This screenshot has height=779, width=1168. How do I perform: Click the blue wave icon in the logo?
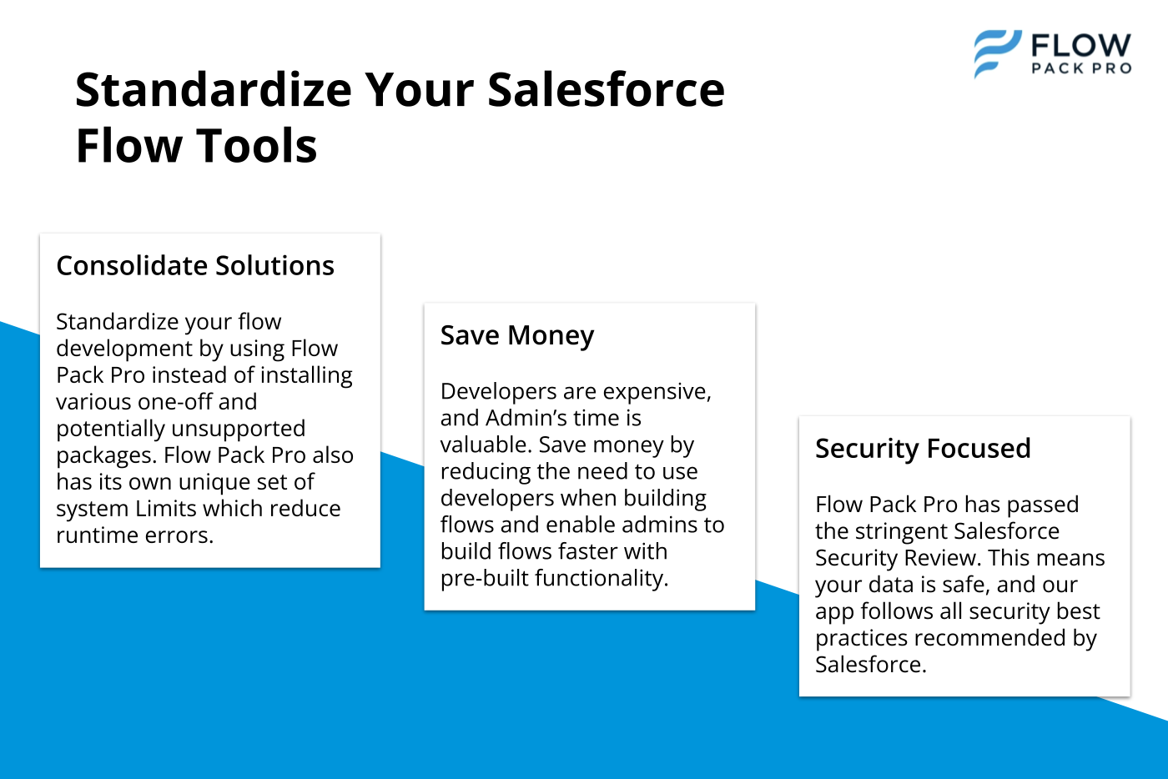click(997, 53)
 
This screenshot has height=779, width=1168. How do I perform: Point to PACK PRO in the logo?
click(1081, 68)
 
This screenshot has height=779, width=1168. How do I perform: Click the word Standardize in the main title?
click(214, 90)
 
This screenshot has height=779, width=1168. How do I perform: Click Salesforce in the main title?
click(606, 90)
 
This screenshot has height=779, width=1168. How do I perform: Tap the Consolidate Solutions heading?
click(195, 265)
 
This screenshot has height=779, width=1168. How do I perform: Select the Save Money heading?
click(517, 334)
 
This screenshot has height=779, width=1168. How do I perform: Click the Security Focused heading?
click(923, 449)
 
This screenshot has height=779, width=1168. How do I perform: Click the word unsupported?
click(239, 430)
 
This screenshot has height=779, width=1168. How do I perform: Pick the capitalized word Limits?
click(165, 509)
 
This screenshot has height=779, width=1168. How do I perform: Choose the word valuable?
click(486, 445)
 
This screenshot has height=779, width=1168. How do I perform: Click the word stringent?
click(900, 532)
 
